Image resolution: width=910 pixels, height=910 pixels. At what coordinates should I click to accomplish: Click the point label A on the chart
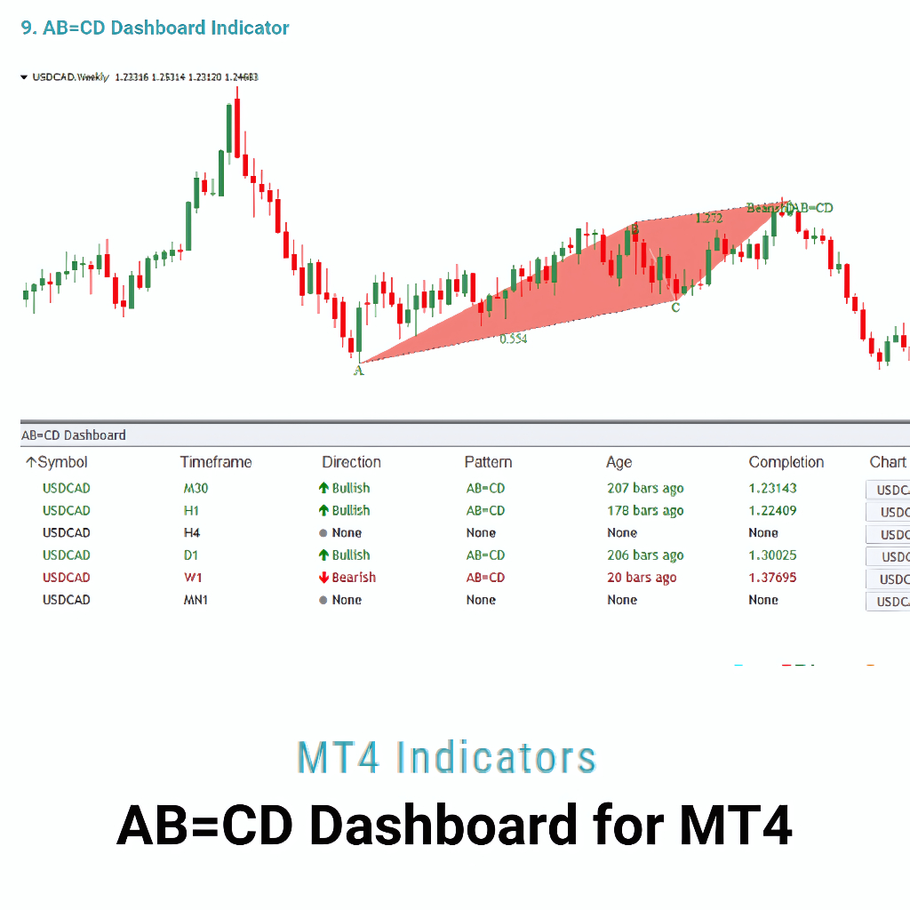[359, 371]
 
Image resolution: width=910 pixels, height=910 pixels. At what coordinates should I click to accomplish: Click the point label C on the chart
[675, 307]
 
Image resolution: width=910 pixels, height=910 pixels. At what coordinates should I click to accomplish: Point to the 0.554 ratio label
[513, 339]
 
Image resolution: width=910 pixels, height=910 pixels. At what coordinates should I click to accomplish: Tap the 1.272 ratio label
[708, 218]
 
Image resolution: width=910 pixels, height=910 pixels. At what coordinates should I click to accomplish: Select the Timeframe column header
[216, 462]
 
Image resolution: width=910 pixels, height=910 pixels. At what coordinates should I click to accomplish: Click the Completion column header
[786, 462]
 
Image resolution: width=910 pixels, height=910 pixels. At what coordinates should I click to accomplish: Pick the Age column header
[619, 462]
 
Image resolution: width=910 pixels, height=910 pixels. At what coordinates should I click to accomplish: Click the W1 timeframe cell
[193, 578]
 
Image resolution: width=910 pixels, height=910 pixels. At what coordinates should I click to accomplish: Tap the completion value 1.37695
[772, 578]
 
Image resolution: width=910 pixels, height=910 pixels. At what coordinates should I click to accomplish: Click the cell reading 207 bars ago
[645, 488]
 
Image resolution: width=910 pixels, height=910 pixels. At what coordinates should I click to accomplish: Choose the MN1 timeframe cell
[197, 600]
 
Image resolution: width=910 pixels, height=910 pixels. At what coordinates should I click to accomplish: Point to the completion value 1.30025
[772, 555]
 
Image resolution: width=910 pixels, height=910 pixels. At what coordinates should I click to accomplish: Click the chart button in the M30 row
[889, 490]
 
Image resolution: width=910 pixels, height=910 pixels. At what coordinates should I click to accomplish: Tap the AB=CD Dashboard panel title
[73, 435]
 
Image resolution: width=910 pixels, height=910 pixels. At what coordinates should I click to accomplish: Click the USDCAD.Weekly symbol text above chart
[70, 77]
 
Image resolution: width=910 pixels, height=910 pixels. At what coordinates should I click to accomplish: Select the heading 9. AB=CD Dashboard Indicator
[155, 28]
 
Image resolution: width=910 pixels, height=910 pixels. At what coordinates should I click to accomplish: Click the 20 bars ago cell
[642, 578]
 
